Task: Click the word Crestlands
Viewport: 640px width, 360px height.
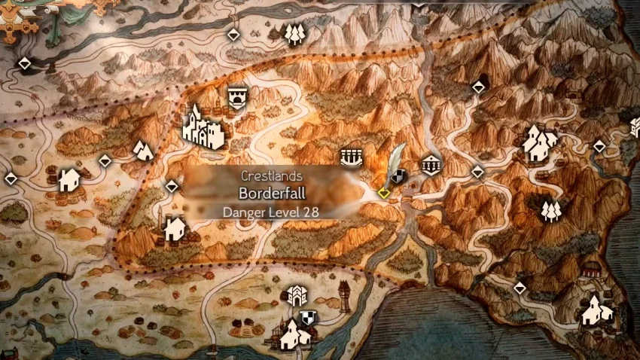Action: (x=271, y=175)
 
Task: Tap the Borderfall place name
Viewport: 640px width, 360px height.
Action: (x=271, y=193)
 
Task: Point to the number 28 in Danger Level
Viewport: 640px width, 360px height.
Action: (x=309, y=212)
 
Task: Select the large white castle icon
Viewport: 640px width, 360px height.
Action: (x=203, y=127)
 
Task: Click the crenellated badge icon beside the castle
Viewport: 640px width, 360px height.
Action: (x=237, y=97)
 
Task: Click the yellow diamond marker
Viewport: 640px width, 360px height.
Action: (x=383, y=193)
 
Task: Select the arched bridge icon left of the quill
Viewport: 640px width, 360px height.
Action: (x=350, y=157)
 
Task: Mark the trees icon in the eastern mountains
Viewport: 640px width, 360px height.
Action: (x=550, y=209)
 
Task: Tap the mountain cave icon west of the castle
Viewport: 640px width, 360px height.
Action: (x=142, y=150)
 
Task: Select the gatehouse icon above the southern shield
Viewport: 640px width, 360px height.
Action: (x=297, y=296)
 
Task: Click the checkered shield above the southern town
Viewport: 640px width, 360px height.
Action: (x=307, y=317)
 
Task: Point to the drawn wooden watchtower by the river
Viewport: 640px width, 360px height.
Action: (x=343, y=294)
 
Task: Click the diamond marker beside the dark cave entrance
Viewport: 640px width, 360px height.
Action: (x=478, y=88)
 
